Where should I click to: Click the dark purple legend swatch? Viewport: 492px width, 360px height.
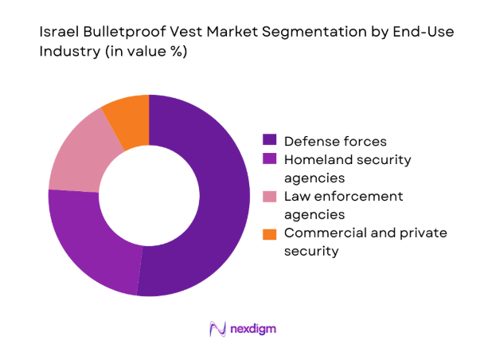(269, 141)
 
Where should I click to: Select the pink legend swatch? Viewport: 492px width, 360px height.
(269, 196)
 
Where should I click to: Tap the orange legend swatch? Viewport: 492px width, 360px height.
(269, 233)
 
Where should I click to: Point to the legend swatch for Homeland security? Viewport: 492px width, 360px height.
(269, 159)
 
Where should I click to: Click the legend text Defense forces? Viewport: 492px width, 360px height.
(334, 141)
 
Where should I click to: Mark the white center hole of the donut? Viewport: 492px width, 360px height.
(149, 195)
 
